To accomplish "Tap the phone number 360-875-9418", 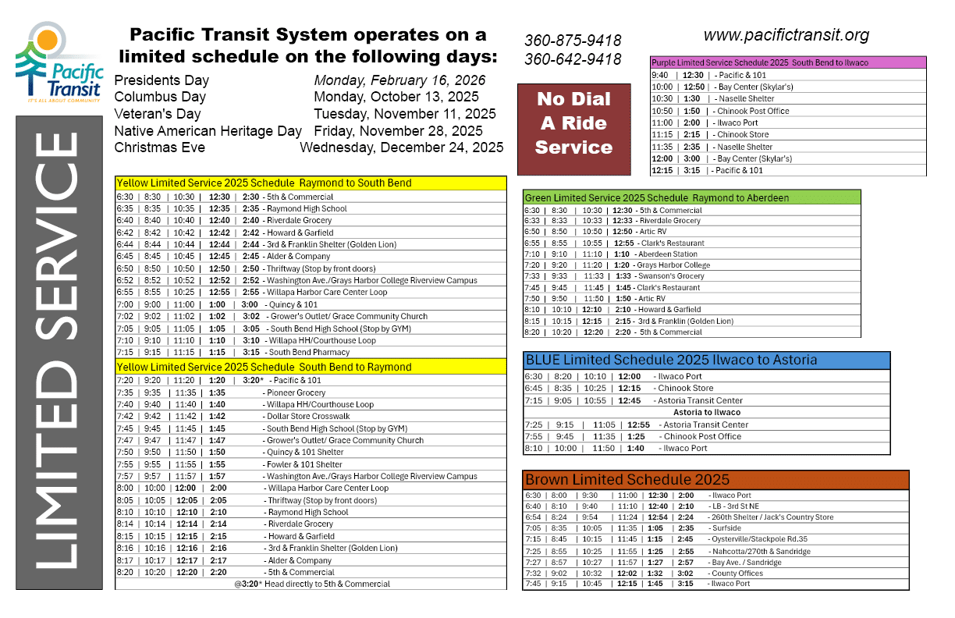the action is click(573, 41).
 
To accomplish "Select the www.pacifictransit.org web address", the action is click(786, 35).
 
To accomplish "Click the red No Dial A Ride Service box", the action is click(573, 123).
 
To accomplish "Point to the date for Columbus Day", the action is click(396, 97).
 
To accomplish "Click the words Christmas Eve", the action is click(160, 147).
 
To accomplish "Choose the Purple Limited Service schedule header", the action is click(788, 62).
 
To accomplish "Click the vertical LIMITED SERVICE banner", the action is click(59, 351).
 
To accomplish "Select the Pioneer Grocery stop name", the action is click(296, 392).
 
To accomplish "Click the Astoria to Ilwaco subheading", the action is click(707, 412).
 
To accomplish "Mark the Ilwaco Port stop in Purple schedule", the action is click(738, 123).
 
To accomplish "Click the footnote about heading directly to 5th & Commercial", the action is click(311, 584).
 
